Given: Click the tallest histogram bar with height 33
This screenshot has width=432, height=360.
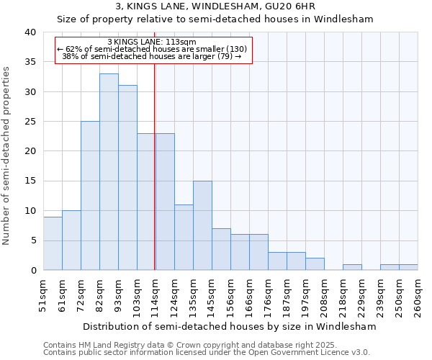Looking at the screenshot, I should (x=109, y=172).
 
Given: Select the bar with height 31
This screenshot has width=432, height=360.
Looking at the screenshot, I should (x=127, y=178).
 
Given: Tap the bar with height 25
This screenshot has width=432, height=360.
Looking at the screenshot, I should (x=90, y=196).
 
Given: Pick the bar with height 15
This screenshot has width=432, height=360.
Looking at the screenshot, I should (x=202, y=225).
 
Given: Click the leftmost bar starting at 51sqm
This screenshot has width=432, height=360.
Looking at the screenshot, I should (x=53, y=243).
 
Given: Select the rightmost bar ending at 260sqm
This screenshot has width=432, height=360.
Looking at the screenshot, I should (x=408, y=267).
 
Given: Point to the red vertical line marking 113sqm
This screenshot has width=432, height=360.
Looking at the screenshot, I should (x=155, y=158).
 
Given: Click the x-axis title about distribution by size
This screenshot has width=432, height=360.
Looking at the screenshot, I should (x=230, y=326).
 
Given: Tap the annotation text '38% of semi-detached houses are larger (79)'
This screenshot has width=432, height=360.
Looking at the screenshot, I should (x=151, y=55).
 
